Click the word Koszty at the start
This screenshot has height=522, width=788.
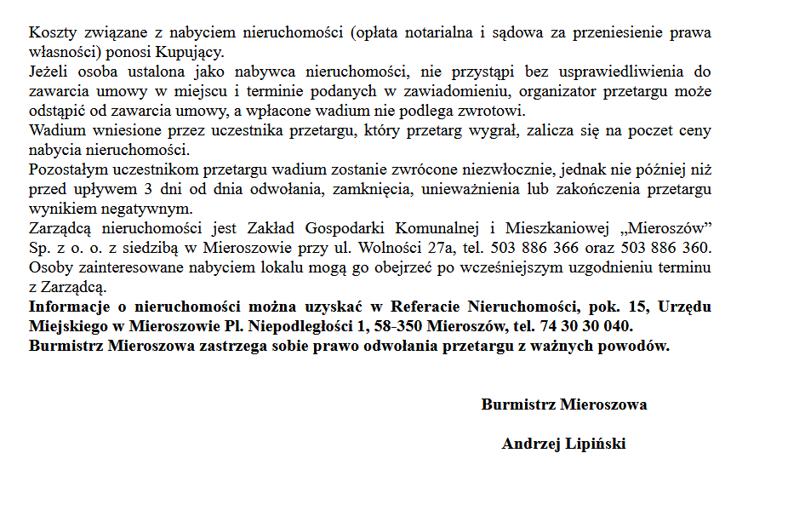[x=49, y=32]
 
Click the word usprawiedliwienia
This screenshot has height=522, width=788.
[x=620, y=72]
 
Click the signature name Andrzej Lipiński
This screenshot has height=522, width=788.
[x=563, y=444]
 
